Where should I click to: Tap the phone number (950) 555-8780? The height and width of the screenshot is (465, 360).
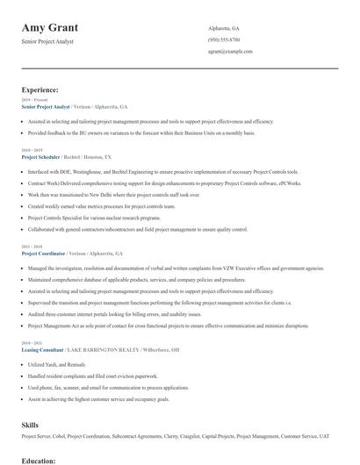(224, 39)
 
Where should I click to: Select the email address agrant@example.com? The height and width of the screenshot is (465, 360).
(230, 51)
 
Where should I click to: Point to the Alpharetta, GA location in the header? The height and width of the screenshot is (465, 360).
(224, 28)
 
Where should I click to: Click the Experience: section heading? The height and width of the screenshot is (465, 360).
(40, 89)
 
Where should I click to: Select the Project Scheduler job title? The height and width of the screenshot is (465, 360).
(40, 156)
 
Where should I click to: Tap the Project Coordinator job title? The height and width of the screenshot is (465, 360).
(43, 253)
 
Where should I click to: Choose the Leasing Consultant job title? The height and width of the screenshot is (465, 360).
(43, 349)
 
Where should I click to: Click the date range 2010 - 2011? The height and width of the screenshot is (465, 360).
(32, 342)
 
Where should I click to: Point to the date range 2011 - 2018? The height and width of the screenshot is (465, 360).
(32, 246)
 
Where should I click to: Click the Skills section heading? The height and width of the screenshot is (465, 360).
(30, 424)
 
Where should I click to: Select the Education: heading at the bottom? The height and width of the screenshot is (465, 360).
(39, 460)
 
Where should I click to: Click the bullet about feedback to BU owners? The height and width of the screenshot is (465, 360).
(140, 132)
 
